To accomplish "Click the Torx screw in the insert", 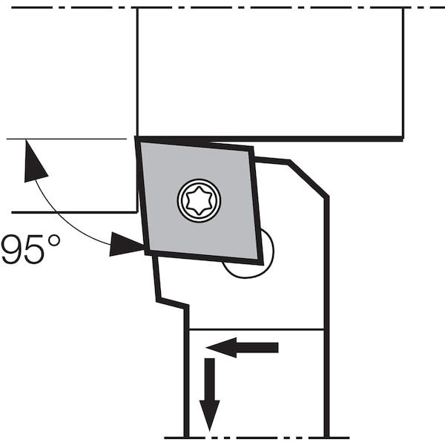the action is (x=199, y=201).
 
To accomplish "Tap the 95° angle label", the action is (x=30, y=249).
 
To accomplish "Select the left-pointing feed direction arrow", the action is (x=242, y=347).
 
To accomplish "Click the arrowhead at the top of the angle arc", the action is (x=34, y=162).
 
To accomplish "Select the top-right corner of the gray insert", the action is (x=251, y=149).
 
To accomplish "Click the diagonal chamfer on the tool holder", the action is (x=309, y=179).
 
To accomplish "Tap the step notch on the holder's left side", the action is (x=172, y=303).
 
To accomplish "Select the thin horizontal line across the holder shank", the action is (x=257, y=329).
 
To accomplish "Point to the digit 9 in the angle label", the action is (x=12, y=250).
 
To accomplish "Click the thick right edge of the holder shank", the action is (x=327, y=317).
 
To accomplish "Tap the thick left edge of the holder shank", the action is (x=186, y=372).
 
